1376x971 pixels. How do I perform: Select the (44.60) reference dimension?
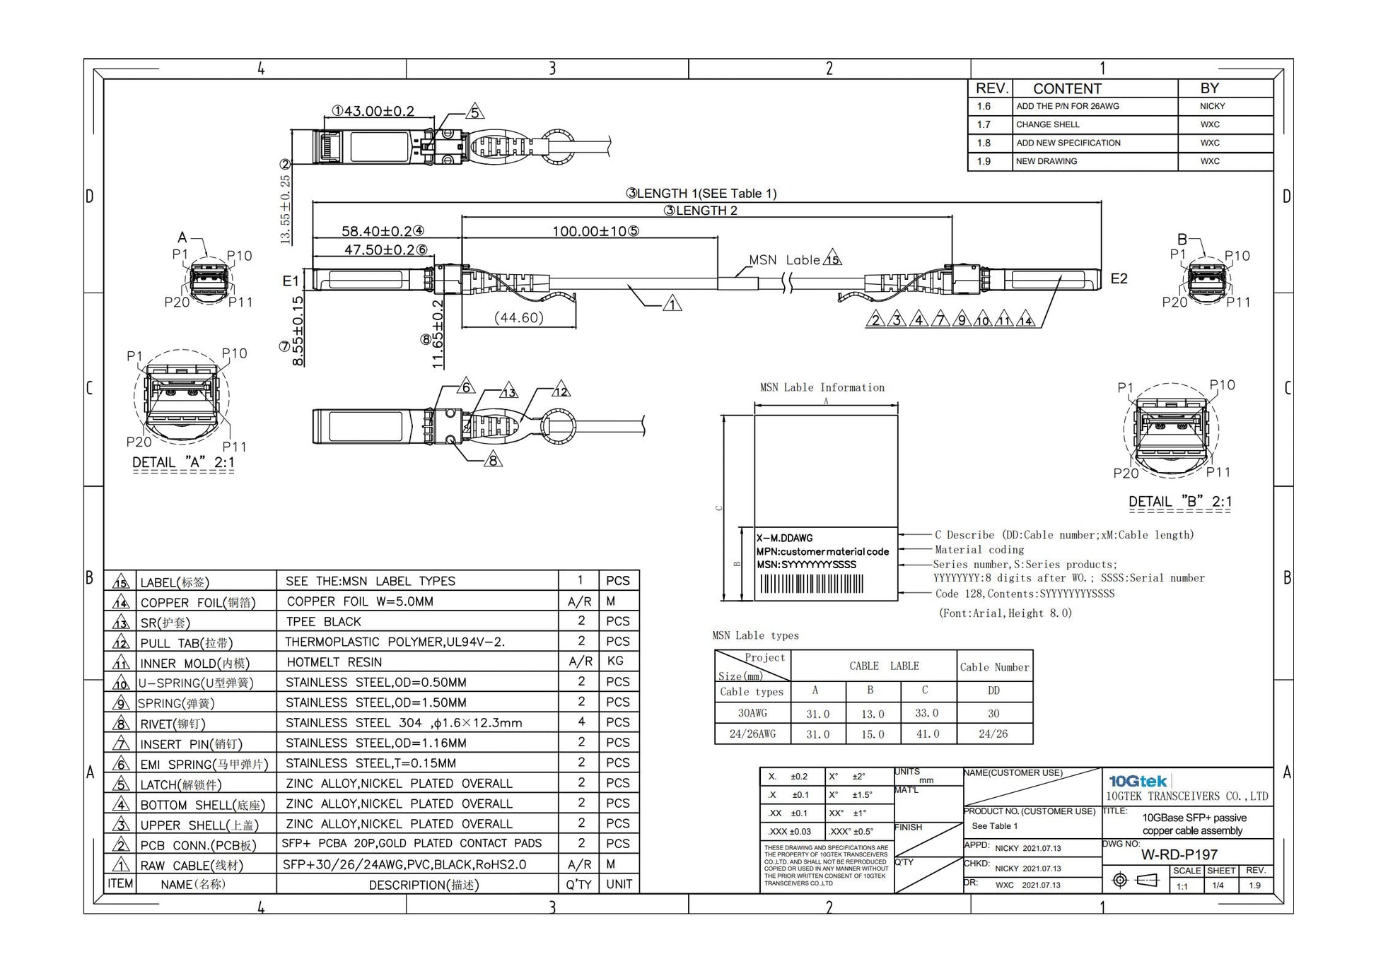coord(518,318)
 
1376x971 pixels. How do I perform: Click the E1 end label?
coord(291,281)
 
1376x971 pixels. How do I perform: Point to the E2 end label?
coord(1119,278)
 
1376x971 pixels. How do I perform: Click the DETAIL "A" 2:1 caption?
coord(183,462)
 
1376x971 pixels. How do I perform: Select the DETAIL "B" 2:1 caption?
coord(1179,502)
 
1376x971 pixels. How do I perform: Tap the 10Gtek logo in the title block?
coord(1138,781)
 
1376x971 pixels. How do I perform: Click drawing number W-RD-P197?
coord(1179,854)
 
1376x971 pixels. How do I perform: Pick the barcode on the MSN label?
coord(812,584)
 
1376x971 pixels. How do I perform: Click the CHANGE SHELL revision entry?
coord(1047,124)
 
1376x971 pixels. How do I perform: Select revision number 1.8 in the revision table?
coord(984,143)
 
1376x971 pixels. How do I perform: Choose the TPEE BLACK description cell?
coord(323,622)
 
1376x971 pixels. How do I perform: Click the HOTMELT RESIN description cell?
coord(334,662)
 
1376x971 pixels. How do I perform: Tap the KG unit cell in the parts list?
coord(615,661)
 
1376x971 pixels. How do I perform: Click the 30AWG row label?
coord(752,713)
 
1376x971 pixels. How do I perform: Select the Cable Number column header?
coord(994,667)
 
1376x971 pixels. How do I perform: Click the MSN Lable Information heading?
coord(822,387)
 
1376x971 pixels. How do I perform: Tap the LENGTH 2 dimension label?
coord(700,211)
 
